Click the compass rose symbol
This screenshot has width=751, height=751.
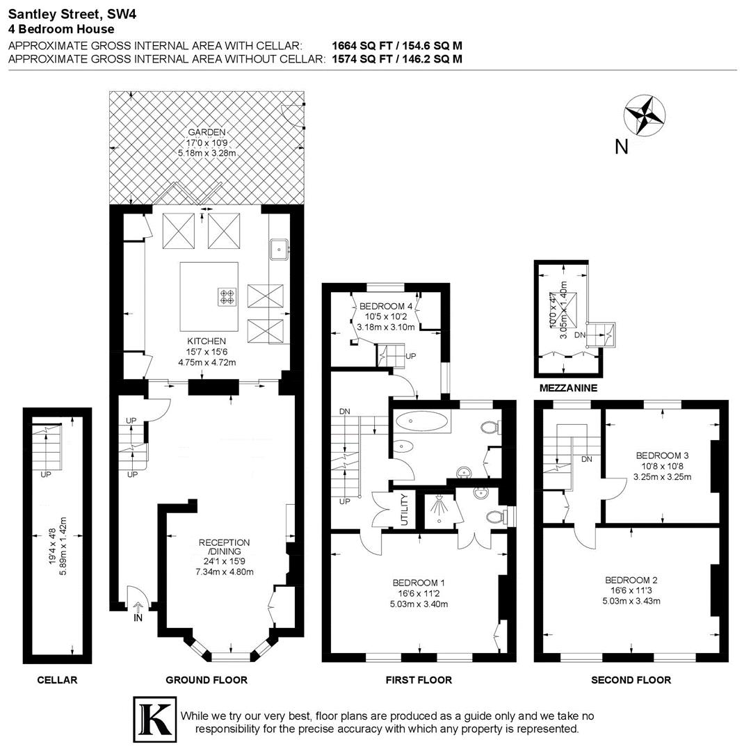tap(645, 115)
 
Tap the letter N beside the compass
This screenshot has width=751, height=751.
tap(622, 147)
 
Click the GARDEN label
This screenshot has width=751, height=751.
tap(206, 132)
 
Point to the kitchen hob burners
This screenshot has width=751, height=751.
tap(227, 297)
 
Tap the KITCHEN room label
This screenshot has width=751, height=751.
tap(207, 341)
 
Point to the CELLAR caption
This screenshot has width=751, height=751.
tap(57, 679)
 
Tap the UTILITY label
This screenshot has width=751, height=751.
tap(405, 510)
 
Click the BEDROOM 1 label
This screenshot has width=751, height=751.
tap(419, 583)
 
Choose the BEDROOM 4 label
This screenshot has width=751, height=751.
tap(386, 306)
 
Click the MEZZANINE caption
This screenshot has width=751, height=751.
tap(569, 388)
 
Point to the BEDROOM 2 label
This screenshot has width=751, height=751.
tap(631, 580)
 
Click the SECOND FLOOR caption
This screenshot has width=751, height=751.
tap(631, 679)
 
